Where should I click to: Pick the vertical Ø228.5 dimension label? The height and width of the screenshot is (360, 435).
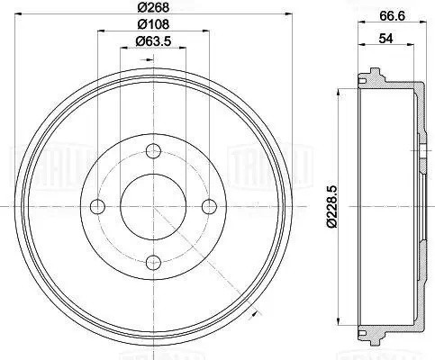pos(330,206)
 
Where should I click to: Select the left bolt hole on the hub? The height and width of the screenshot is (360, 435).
pos(97,206)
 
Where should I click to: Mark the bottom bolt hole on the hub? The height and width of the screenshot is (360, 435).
pos(153,263)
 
